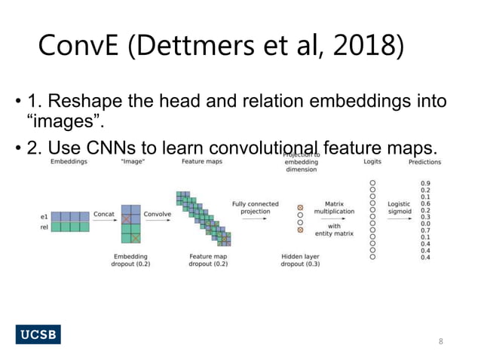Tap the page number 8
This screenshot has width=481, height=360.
[x=442, y=341]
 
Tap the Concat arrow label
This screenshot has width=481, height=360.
[x=104, y=214]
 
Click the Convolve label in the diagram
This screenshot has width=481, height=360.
[x=157, y=214]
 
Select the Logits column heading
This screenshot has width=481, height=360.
[x=372, y=162]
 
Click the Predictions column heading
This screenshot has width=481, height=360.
[x=425, y=162]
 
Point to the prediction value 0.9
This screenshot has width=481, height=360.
[x=425, y=183]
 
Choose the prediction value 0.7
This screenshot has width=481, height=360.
[x=425, y=230]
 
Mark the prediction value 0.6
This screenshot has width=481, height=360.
[x=425, y=203]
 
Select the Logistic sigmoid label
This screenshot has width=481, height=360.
[x=399, y=209]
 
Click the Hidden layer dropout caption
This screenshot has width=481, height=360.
[x=300, y=261]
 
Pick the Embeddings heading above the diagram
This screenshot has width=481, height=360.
[x=69, y=162]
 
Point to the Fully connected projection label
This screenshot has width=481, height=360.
[x=255, y=208]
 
